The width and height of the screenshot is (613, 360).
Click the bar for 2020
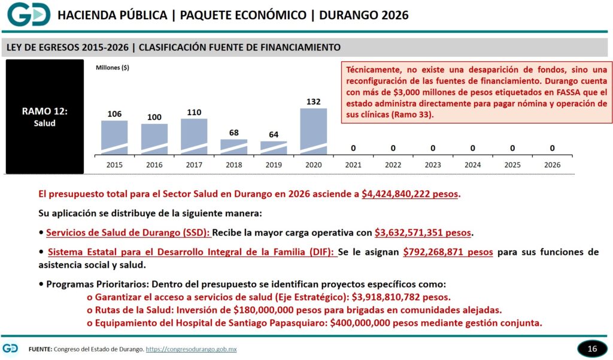pos(313,131)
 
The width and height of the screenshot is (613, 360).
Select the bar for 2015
pos(114,137)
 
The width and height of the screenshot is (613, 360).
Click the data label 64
pos(274,134)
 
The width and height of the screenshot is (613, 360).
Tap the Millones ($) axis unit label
pos(113,68)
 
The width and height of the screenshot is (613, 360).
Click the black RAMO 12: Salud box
pos(45,117)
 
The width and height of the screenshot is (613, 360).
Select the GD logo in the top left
pos(29,14)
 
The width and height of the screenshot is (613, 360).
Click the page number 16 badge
pos(592,349)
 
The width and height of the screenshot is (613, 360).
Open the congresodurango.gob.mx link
pos(191,349)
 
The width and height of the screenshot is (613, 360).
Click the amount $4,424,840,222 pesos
pos(411,195)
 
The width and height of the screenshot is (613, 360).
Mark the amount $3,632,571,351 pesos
pos(423,232)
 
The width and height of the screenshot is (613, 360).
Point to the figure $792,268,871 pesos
pos(448,252)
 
